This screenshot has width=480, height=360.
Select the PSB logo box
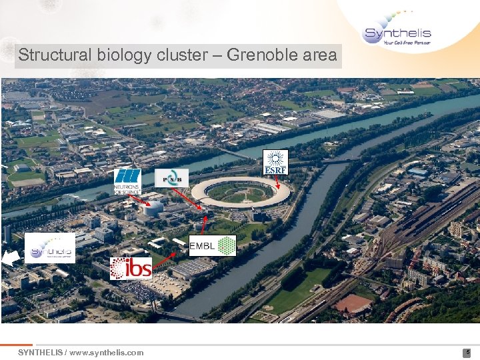coord(172,178)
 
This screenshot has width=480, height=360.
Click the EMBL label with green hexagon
coord(213,247)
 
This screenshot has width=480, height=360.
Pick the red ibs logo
coord(131,268)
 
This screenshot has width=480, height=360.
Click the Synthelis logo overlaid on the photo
coord(50,248)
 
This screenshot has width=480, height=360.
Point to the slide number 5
coord(468,352)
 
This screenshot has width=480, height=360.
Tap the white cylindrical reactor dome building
coord(154,207)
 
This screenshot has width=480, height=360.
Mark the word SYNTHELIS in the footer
coord(39,352)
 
